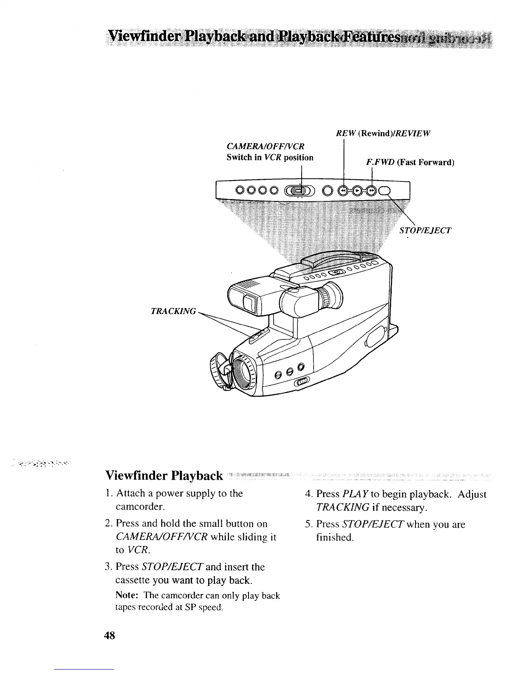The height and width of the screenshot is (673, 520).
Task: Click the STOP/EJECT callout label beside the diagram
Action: tap(425, 231)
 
